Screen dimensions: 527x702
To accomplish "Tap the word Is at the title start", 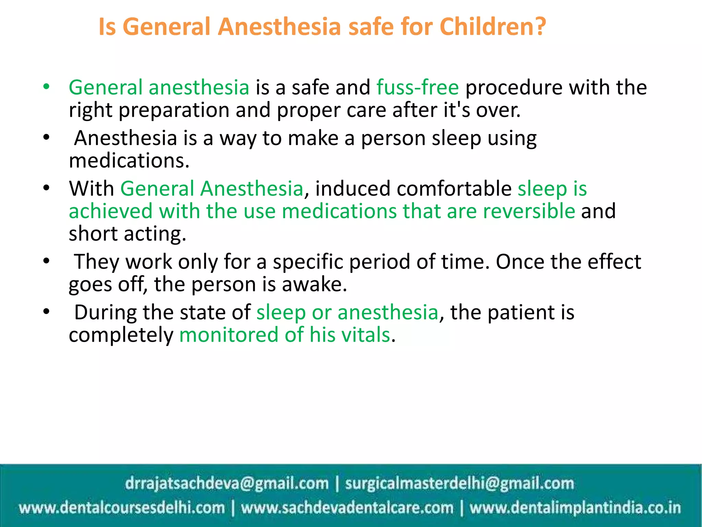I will pyautogui.click(x=107, y=27).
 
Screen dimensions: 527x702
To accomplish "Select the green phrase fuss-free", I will pyautogui.click(x=417, y=87).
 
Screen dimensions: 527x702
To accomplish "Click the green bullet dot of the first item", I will pyautogui.click(x=46, y=86).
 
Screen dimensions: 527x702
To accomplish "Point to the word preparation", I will pyautogui.click(x=174, y=110).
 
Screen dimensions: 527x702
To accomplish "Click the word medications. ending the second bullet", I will pyautogui.click(x=129, y=161).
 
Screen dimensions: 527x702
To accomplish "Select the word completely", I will pyautogui.click(x=121, y=336).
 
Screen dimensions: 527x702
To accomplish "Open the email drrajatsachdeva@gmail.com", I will pyautogui.click(x=227, y=483).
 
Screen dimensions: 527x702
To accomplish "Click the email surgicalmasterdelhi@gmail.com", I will pyautogui.click(x=459, y=483).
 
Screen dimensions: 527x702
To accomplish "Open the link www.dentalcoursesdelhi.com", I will pyautogui.click(x=122, y=508).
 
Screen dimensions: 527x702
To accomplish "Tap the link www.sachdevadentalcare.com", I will pyautogui.click(x=347, y=508).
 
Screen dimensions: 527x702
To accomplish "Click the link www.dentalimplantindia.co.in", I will pyautogui.click(x=575, y=508).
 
